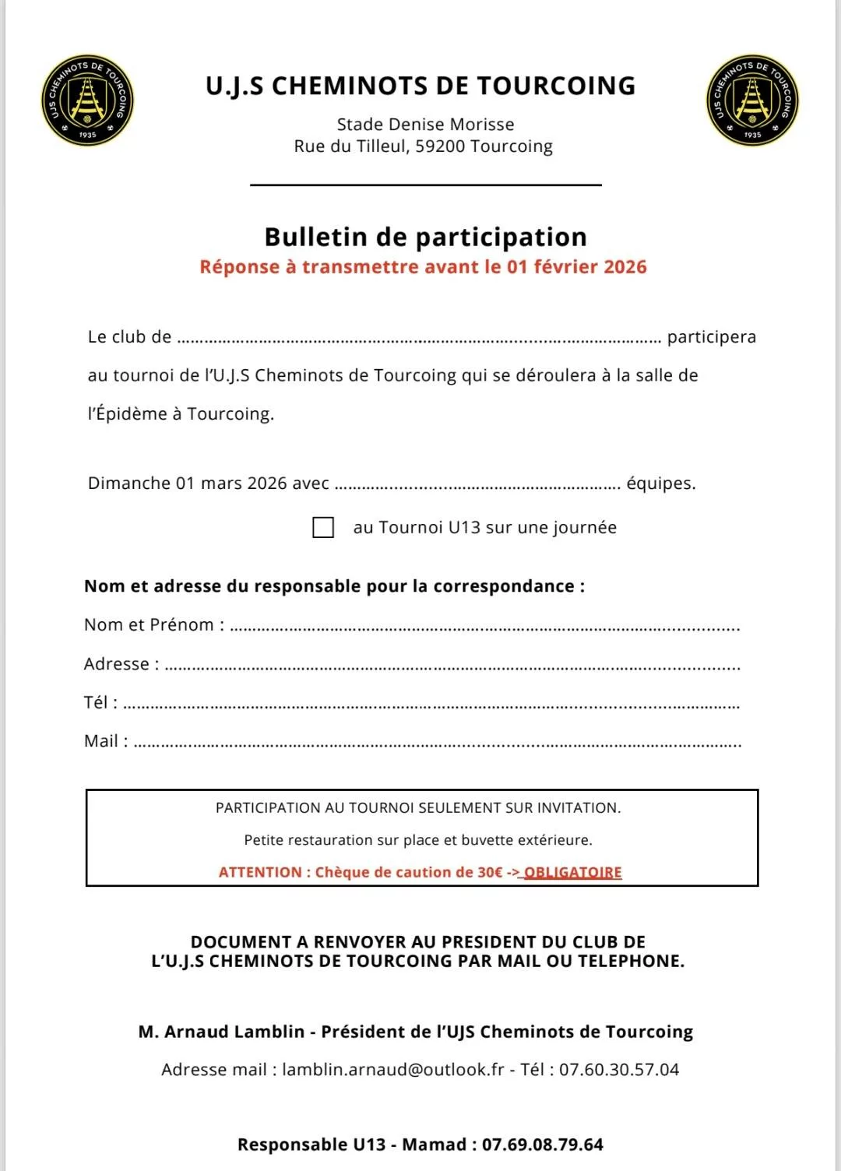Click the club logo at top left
[87, 100]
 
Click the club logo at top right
[752, 100]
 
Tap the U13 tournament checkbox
[323, 527]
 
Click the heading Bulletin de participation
[425, 237]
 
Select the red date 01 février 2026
[576, 267]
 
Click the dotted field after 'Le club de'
[419, 339]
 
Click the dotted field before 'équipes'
[477, 486]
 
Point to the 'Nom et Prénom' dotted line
[484, 628]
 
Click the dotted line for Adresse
[452, 666]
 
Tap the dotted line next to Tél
[431, 705]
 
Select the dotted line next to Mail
[437, 744]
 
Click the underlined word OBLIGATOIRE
[573, 873]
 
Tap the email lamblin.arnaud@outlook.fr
[393, 1070]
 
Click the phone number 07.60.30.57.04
[619, 1070]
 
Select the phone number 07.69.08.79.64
[542, 1145]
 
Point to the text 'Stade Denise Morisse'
[425, 125]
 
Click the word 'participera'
[712, 337]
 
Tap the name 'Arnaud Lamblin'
[234, 1032]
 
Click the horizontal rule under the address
[425, 185]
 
